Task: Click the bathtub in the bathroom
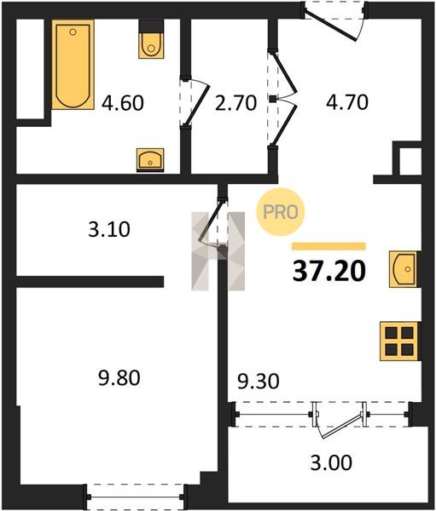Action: point(73,65)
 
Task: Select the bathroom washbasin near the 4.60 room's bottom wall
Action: point(150,160)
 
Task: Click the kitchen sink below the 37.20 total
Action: point(404,269)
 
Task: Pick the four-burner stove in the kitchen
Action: point(400,342)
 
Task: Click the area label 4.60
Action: point(123,103)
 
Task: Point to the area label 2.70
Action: point(235,103)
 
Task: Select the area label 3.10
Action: point(109,229)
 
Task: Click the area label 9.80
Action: point(119,378)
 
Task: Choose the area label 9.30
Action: point(259,382)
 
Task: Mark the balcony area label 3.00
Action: point(331,462)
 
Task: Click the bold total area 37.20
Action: point(329,272)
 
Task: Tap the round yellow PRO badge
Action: point(281,212)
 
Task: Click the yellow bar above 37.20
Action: point(328,246)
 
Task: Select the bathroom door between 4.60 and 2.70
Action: point(195,101)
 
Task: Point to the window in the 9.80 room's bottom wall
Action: point(136,497)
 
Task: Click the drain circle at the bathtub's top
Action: point(73,32)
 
